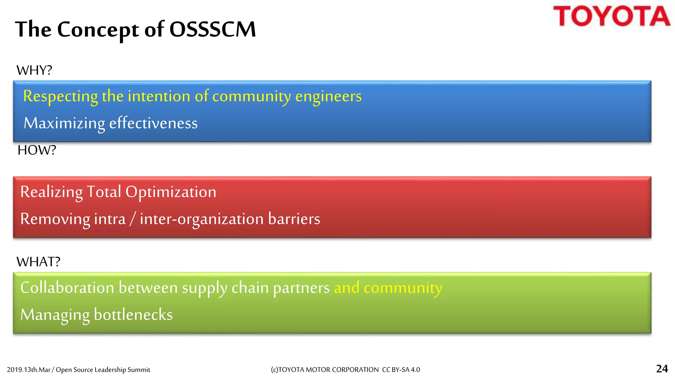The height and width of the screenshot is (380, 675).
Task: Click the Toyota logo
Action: pos(611,16)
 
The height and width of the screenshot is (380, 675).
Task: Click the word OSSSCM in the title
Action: pos(213,29)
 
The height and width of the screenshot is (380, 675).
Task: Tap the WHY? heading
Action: pos(34,70)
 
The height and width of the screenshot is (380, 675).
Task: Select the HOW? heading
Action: pos(37,150)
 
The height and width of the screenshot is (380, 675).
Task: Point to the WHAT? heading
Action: pos(38,262)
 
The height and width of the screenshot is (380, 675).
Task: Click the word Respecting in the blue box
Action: pos(60,97)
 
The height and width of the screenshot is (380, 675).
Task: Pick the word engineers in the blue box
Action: pos(328,97)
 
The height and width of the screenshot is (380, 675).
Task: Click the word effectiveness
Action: pos(153,123)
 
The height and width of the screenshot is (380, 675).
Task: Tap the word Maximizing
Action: pos(64,123)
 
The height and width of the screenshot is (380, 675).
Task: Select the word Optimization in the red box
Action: pos(171,192)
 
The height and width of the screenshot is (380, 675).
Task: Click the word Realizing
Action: pos(51,192)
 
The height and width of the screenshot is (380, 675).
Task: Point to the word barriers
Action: pos(294,219)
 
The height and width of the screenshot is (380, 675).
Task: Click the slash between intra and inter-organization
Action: pos(132,219)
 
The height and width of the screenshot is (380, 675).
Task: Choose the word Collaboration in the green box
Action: pos(67,288)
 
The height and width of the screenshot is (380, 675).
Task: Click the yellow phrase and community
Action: pos(388,288)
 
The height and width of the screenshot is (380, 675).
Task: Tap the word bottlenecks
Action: pos(133,315)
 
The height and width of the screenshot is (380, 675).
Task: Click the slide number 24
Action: pos(662,368)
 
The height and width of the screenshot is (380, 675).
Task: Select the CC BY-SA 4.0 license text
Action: pos(401,370)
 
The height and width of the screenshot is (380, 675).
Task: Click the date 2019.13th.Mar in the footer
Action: pos(29,370)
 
